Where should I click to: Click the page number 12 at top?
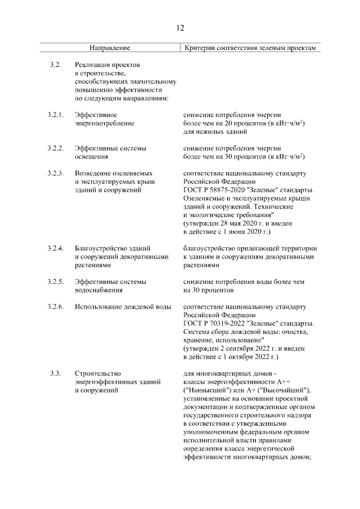pyautogui.click(x=180, y=28)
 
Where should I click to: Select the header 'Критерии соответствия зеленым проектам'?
pyautogui.click(x=251, y=48)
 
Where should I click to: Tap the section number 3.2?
pyautogui.click(x=55, y=65)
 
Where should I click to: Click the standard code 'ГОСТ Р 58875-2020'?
pyautogui.click(x=215, y=191)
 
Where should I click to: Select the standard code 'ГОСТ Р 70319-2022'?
pyautogui.click(x=215, y=324)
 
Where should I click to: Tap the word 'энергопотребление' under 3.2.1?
pyautogui.click(x=104, y=123)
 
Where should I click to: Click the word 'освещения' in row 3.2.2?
pyautogui.click(x=91, y=157)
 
